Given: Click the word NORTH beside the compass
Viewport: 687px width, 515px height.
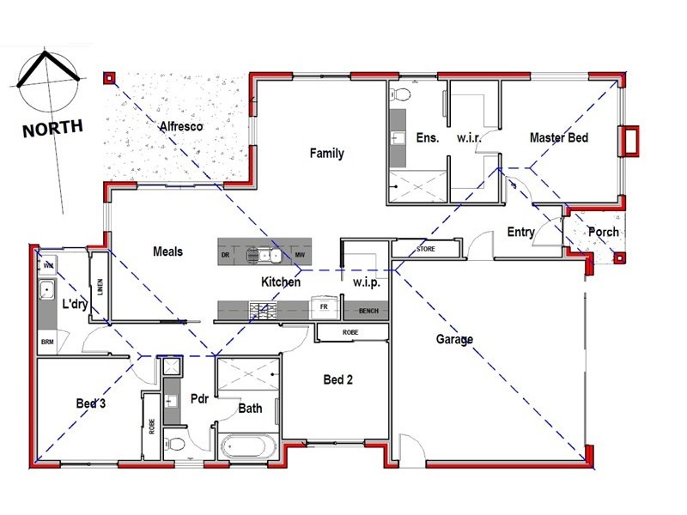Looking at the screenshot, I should point(52,129).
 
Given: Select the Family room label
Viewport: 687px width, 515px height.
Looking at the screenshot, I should point(326,154).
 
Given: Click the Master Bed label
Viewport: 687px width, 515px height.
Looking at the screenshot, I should point(558,137).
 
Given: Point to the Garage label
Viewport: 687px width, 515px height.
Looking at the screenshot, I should point(454,340).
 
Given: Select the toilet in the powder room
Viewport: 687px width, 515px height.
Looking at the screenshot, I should point(175,444).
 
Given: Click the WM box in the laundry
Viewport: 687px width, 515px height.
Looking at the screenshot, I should point(48,264).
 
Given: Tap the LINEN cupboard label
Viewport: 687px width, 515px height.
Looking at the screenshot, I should point(100,286).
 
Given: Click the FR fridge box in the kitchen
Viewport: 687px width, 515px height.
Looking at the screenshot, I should point(324,306).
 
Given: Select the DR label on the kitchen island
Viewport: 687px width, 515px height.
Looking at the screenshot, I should point(225,256).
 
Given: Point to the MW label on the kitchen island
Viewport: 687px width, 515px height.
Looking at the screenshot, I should point(300,256).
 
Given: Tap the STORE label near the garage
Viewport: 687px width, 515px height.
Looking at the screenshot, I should point(426,250).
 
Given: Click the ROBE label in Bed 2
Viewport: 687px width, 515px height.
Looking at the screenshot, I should point(350,333).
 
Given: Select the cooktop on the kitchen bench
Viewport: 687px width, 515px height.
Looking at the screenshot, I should point(262,309).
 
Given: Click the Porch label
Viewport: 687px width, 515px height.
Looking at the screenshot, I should point(603,232).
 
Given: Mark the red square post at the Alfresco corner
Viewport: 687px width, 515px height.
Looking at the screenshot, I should point(109,78).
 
